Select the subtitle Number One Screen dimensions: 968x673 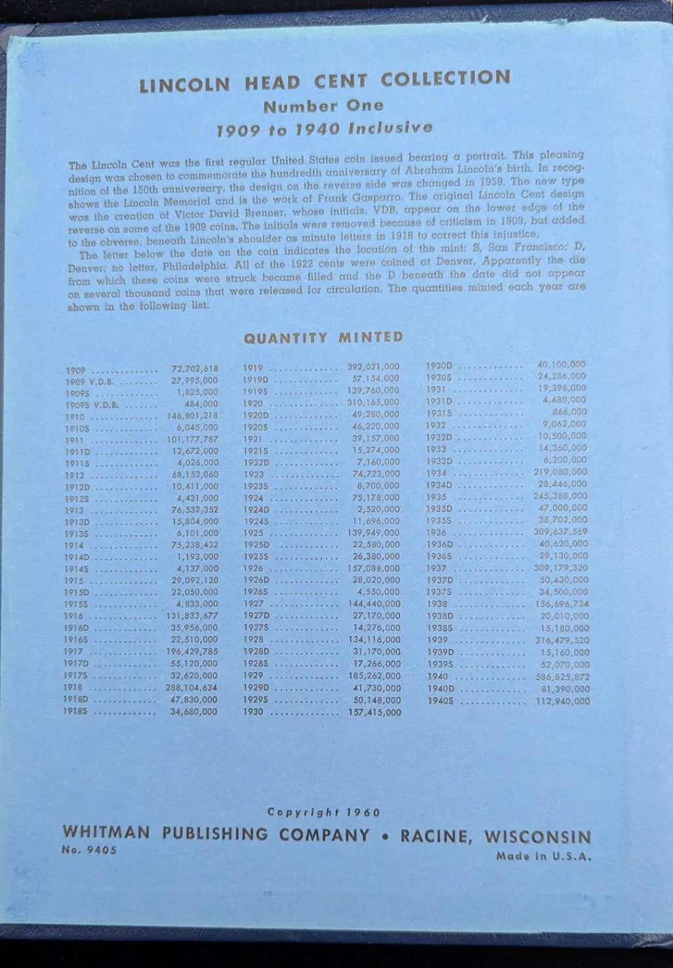(323, 106)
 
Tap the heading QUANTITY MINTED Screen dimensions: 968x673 (323, 338)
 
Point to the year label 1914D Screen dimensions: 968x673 (77, 557)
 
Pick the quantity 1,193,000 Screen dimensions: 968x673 (197, 557)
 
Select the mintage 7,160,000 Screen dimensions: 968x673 (376, 463)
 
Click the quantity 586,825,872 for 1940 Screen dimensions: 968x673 (562, 677)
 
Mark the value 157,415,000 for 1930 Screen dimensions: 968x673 (375, 712)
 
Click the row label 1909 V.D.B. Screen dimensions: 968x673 (90, 381)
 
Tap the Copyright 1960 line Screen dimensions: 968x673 (323, 812)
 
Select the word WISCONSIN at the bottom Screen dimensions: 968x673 (537, 837)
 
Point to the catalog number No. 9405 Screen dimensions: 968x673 (89, 850)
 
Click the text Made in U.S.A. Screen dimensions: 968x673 (544, 856)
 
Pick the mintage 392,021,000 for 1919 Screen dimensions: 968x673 (373, 367)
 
